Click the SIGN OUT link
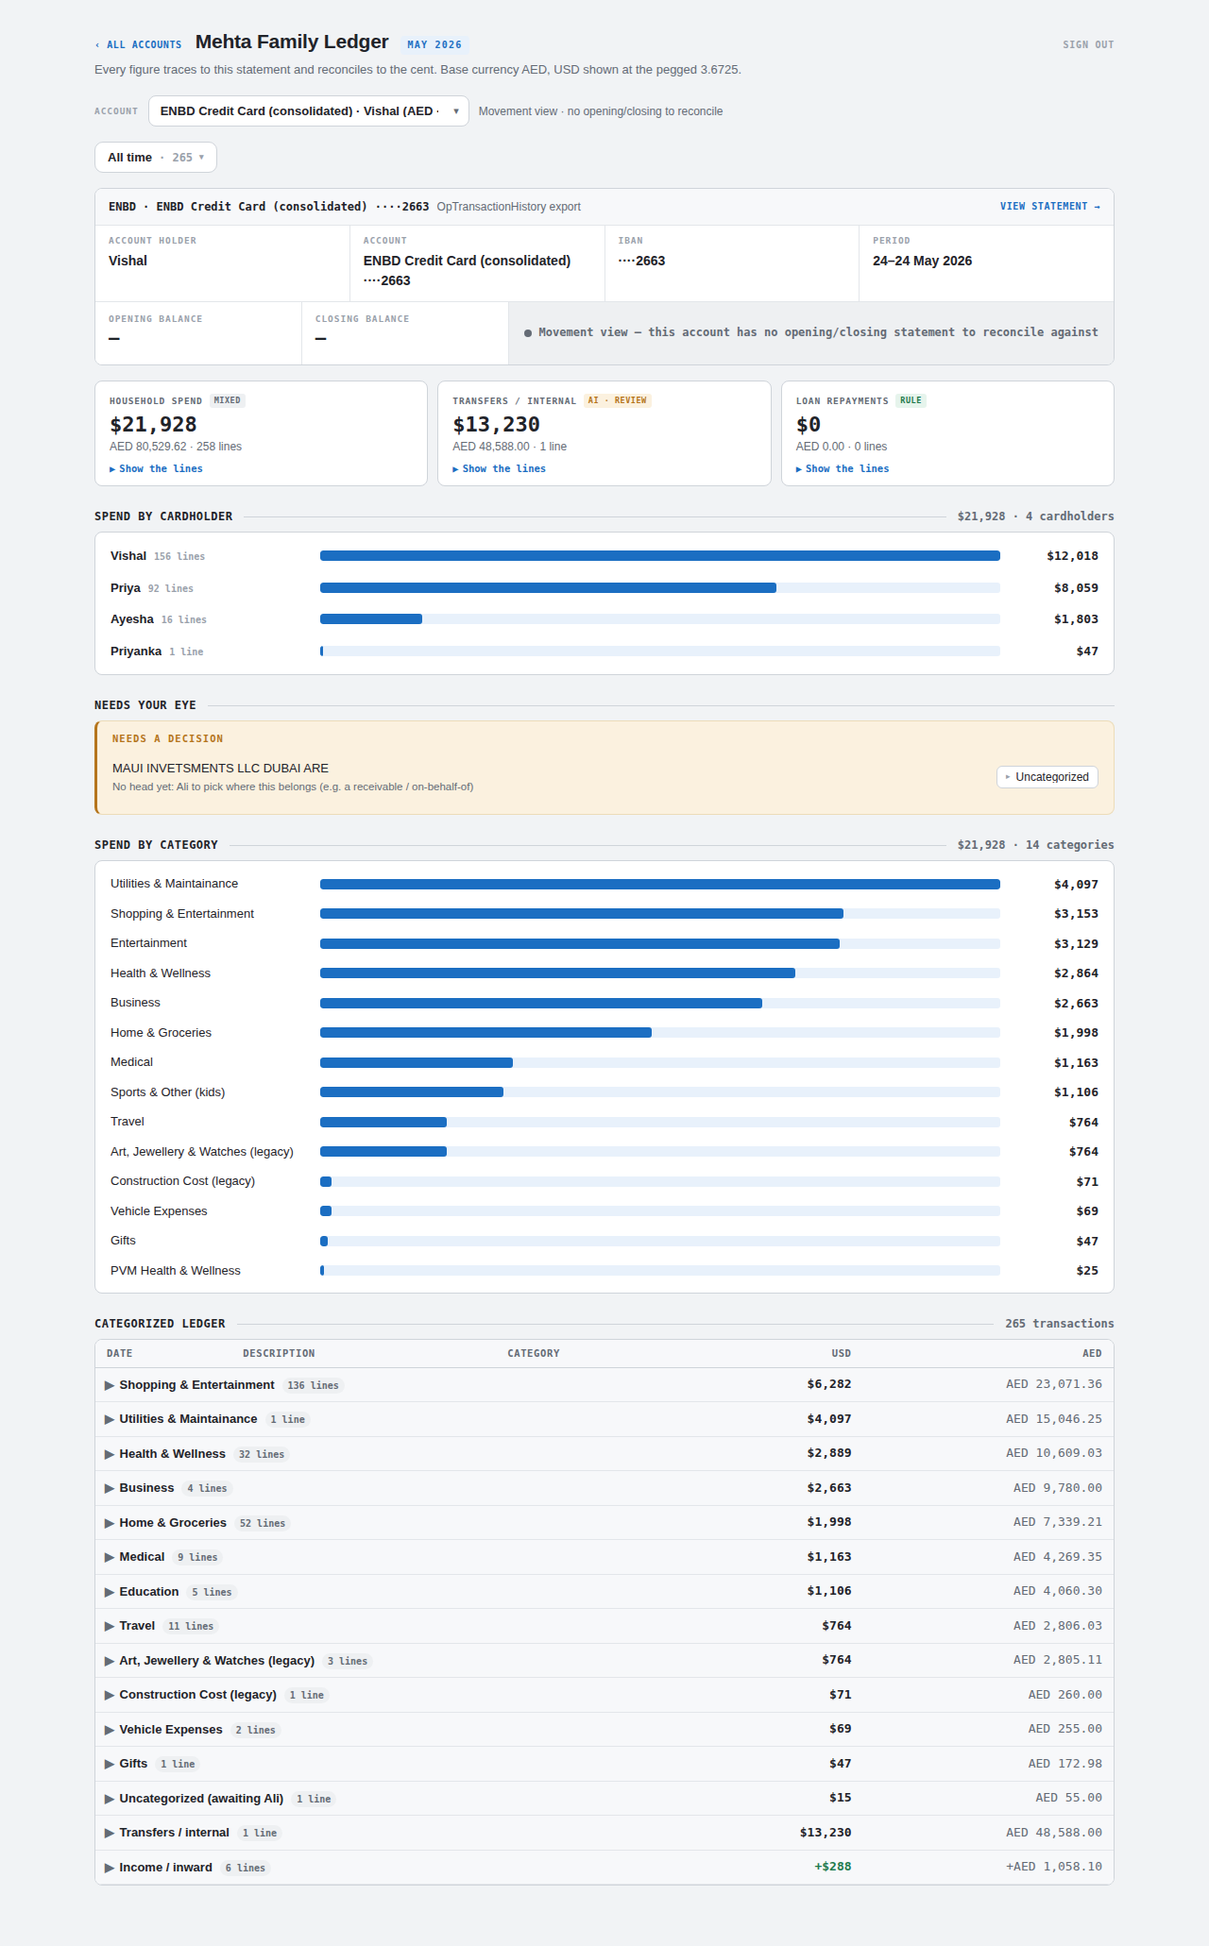click(1088, 44)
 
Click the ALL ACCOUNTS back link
click(139, 44)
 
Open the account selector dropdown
click(309, 111)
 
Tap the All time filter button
click(156, 158)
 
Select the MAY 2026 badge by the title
click(434, 44)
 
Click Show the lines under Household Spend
click(156, 468)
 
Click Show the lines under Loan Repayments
click(843, 468)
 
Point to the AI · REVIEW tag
click(618, 400)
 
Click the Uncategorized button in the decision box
click(1047, 777)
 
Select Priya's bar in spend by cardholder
click(548, 588)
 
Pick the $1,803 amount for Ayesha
click(1076, 619)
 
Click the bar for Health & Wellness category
click(557, 973)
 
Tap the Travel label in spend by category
click(128, 1122)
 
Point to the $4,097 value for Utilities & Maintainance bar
click(1076, 885)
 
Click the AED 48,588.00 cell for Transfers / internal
click(1054, 1833)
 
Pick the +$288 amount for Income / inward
click(833, 1867)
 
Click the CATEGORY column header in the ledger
click(534, 1353)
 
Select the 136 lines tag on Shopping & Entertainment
click(313, 1385)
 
